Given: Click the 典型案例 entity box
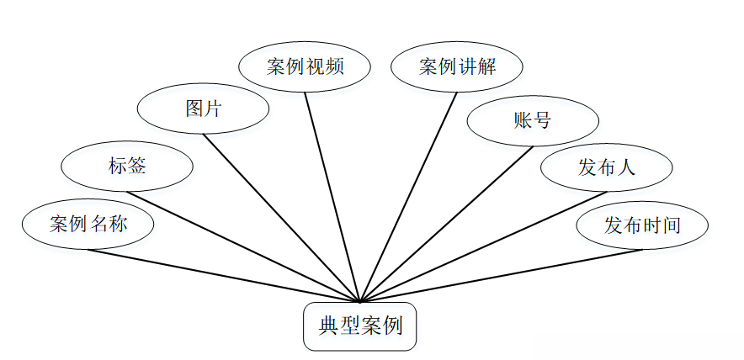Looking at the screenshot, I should pyautogui.click(x=360, y=326).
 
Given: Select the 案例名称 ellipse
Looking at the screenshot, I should pyautogui.click(x=88, y=225).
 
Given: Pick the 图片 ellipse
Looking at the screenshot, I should pyautogui.click(x=203, y=109).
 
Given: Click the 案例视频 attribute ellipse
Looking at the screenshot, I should pyautogui.click(x=305, y=66).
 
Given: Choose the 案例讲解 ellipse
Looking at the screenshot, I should pyautogui.click(x=458, y=66).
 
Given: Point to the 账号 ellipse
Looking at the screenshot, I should pyautogui.click(x=532, y=120).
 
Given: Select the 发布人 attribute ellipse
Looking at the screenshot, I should pyautogui.click(x=606, y=167).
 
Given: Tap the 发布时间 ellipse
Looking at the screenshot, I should pyautogui.click(x=642, y=225).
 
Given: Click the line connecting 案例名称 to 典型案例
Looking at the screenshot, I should pyautogui.click(x=223, y=275).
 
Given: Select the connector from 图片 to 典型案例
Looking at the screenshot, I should pyautogui.click(x=281, y=217).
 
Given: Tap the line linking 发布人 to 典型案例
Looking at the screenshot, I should pyautogui.click(x=483, y=247).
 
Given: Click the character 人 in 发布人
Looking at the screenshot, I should pyautogui.click(x=624, y=167).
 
